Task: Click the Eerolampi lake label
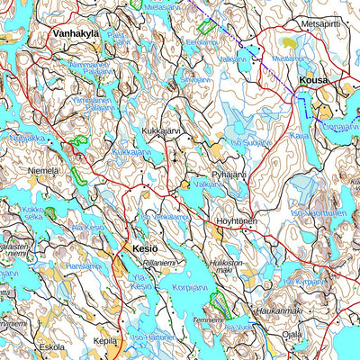tap(201, 41)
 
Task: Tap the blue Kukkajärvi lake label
tap(131, 153)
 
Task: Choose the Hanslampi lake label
tap(84, 266)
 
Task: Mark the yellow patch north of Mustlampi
tap(289, 41)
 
